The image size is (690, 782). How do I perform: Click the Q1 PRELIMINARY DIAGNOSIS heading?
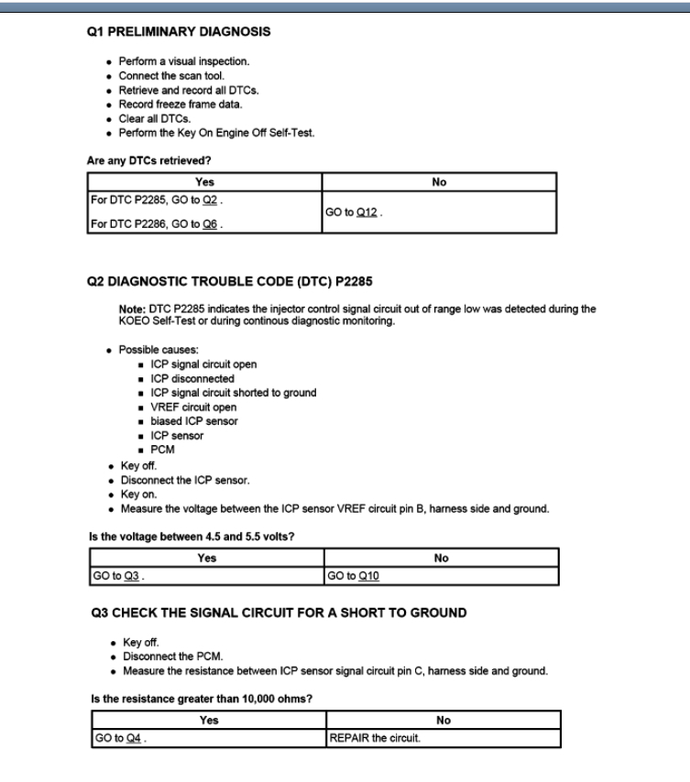178,31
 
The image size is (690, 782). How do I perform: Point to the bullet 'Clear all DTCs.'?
156,117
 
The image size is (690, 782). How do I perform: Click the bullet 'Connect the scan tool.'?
171,75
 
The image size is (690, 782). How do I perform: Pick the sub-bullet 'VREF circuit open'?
193,407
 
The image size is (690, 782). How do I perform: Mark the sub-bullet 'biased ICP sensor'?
194,421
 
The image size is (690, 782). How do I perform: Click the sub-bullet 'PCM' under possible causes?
163,450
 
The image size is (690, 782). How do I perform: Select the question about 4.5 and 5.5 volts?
187,536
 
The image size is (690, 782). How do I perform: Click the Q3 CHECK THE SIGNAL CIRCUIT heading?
276,613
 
